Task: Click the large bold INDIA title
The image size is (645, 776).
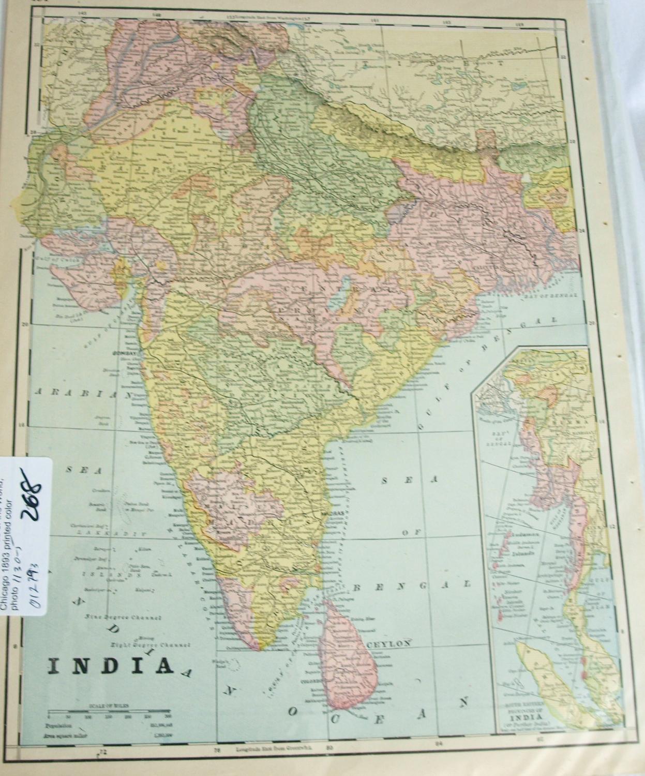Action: [x=111, y=666]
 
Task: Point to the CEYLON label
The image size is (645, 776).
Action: [x=389, y=643]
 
